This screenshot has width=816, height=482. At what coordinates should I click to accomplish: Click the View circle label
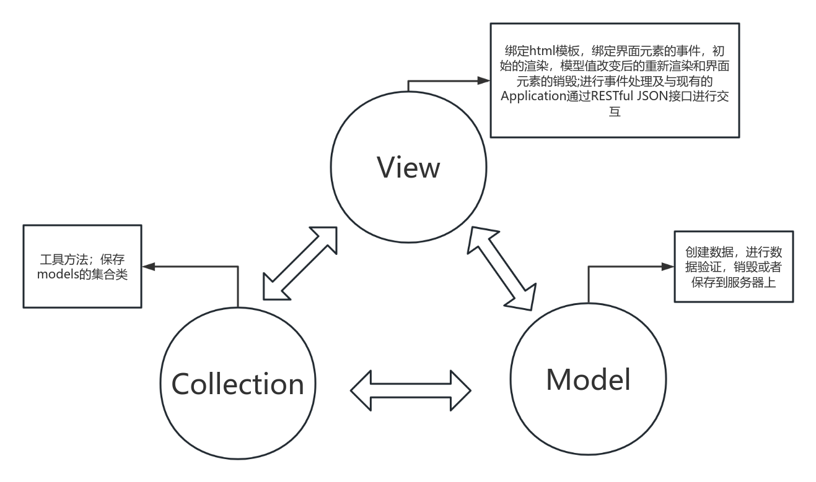point(408,167)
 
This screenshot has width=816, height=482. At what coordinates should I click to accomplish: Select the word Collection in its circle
point(237,384)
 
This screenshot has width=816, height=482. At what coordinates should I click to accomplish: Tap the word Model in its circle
point(588,379)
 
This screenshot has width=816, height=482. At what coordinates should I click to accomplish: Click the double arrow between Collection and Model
point(411,390)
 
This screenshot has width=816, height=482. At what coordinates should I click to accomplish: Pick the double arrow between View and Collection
point(300,264)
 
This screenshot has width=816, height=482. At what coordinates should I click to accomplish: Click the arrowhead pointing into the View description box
point(483,80)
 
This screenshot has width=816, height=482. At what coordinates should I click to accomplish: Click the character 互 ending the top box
point(614,112)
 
